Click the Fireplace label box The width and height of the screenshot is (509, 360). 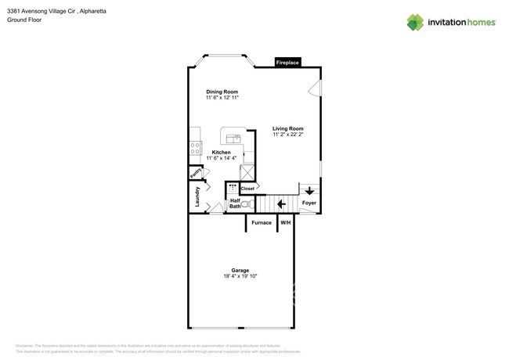(x=287, y=63)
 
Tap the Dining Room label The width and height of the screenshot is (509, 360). (x=222, y=92)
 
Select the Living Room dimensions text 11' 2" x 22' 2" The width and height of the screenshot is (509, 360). (x=287, y=135)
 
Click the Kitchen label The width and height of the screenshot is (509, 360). (x=222, y=152)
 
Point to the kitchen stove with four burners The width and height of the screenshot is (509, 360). (x=195, y=147)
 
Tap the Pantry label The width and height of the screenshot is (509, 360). (x=195, y=173)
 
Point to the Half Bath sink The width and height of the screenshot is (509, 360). (x=233, y=189)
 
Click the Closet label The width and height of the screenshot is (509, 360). (x=247, y=189)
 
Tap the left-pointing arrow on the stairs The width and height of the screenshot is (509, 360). (x=281, y=203)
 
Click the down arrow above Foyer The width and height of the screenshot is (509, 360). (x=309, y=190)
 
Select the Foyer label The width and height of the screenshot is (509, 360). (x=309, y=203)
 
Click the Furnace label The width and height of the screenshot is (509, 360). (x=262, y=222)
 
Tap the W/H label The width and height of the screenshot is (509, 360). (x=286, y=222)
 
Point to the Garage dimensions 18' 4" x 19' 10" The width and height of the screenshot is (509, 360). (x=240, y=276)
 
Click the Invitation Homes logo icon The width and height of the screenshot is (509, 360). (x=415, y=22)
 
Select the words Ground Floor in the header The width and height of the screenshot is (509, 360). (x=24, y=20)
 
